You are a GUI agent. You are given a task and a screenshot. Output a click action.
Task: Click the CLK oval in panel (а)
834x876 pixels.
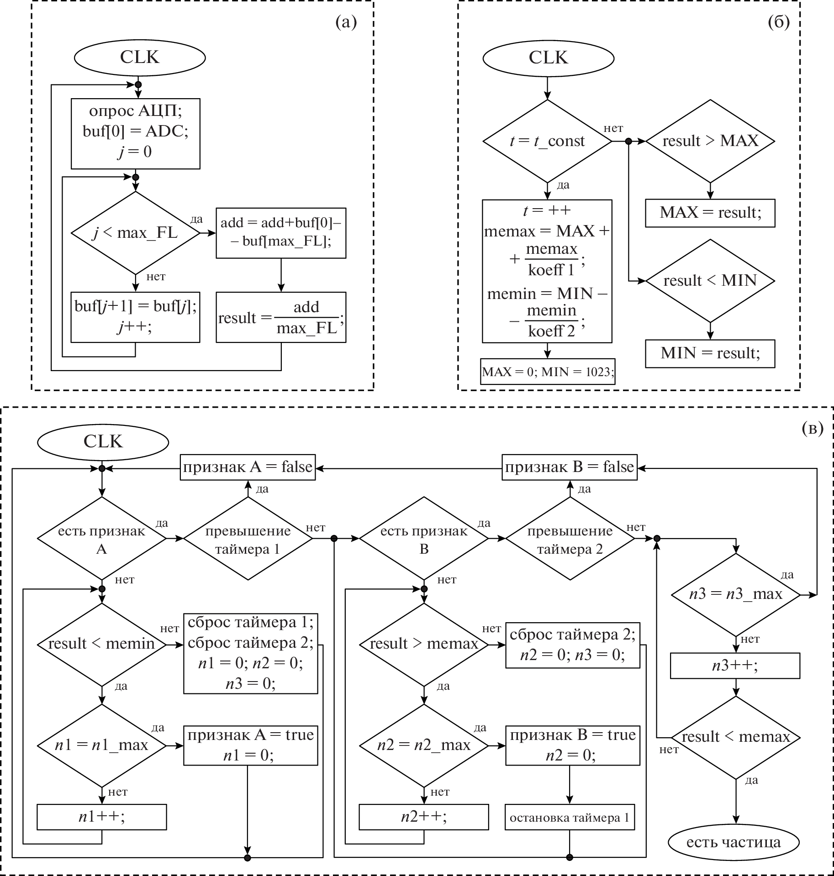[140, 58]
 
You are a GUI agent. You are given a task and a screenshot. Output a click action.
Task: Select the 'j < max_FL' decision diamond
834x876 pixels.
[135, 233]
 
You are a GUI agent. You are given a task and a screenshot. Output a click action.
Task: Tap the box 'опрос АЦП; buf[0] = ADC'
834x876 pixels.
[135, 133]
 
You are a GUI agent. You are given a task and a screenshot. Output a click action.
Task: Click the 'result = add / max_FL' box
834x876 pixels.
[281, 317]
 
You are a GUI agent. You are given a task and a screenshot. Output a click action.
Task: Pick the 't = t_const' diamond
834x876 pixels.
[547, 141]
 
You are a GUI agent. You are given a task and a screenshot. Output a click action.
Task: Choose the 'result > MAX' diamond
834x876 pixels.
[710, 141]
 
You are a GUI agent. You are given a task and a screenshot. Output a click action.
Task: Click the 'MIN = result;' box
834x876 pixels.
[710, 353]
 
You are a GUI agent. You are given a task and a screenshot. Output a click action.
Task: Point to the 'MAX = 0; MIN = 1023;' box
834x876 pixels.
[547, 372]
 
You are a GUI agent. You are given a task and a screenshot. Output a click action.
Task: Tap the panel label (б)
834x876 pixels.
[779, 22]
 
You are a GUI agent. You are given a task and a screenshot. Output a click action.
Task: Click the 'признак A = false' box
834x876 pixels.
[248, 467]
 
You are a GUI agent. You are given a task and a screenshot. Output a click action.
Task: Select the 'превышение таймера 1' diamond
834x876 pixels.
[248, 539]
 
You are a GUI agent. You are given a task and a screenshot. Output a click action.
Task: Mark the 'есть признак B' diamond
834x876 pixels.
[424, 539]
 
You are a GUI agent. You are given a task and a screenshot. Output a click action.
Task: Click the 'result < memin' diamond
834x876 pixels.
[102, 644]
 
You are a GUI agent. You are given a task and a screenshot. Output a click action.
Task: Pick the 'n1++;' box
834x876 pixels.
[102, 816]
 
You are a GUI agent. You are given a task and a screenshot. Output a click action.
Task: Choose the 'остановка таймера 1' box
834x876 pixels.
[570, 817]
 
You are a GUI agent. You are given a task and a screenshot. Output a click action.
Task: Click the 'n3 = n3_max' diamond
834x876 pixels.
[735, 594]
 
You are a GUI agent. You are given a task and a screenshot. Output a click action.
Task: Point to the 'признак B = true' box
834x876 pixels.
[572, 745]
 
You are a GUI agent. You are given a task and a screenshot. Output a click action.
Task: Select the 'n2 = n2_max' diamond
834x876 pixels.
[424, 745]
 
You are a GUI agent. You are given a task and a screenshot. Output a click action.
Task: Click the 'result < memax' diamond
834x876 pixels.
[735, 737]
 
